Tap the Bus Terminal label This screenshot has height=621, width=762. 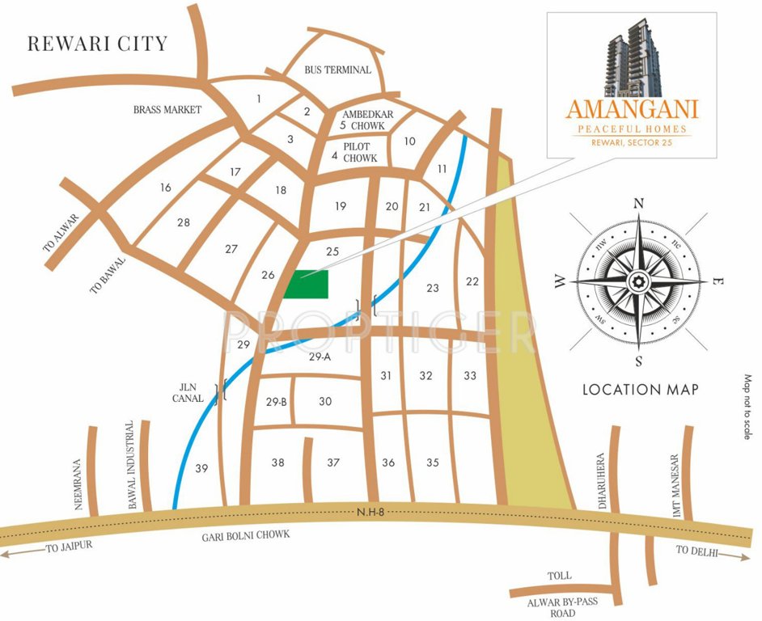click(337, 70)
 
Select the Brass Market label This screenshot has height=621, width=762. click(167, 109)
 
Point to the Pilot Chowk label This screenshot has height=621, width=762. click(360, 152)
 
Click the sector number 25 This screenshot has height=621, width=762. click(332, 251)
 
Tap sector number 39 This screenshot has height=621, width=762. click(201, 468)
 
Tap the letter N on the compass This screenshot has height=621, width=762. click(638, 203)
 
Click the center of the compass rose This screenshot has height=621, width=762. click(638, 281)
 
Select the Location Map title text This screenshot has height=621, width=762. click(641, 390)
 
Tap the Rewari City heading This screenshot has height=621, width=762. click(97, 44)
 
